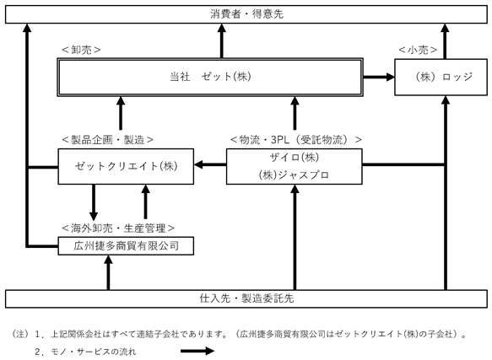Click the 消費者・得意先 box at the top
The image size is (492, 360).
(246, 14)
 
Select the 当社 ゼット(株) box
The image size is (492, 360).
(210, 77)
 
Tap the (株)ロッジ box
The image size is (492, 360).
(441, 77)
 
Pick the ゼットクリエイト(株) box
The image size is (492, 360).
(126, 166)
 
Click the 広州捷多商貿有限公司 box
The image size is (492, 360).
(126, 246)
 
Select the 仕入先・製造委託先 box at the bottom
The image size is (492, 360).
(246, 298)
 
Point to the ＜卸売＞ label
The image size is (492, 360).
(81, 50)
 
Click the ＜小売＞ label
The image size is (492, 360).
(418, 50)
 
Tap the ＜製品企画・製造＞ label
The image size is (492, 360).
(108, 140)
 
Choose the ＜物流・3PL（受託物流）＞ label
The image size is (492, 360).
(296, 140)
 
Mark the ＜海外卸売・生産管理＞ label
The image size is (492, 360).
(118, 228)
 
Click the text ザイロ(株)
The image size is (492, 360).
(295, 157)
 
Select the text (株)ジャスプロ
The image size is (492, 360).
(294, 175)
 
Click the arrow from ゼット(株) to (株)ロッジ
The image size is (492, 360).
(379, 77)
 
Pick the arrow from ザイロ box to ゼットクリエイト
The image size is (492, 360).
(210, 164)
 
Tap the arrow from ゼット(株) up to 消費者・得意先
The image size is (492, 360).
(222, 40)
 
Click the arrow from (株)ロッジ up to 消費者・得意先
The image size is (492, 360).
(445, 41)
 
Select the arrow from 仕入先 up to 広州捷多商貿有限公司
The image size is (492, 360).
(108, 272)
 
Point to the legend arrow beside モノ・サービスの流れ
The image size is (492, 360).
(197, 351)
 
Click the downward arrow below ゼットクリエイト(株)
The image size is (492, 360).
(94, 202)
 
